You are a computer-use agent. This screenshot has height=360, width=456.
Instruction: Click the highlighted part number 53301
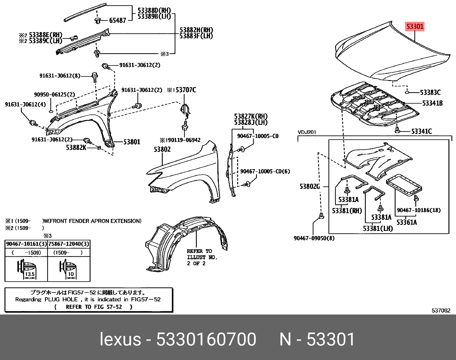414,27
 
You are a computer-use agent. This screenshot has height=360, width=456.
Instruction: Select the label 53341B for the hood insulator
432,103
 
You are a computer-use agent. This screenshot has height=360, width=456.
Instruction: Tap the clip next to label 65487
98,20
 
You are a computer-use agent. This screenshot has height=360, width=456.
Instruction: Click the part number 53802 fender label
162,149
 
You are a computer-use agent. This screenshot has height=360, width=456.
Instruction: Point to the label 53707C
186,90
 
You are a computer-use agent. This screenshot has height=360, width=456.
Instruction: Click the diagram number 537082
441,310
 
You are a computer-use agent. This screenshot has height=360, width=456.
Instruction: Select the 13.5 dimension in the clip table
30,274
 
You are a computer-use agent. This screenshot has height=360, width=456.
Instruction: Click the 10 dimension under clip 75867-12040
71,274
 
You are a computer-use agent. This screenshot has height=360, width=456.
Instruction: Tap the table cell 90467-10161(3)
26,244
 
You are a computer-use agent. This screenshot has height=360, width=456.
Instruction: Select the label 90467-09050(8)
314,238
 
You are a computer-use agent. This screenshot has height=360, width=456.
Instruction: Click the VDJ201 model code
307,132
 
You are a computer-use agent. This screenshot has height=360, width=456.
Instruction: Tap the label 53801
132,142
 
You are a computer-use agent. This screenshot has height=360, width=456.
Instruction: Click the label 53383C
430,92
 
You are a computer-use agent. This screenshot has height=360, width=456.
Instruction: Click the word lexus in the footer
120,340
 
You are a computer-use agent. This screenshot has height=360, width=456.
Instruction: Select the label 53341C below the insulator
421,131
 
